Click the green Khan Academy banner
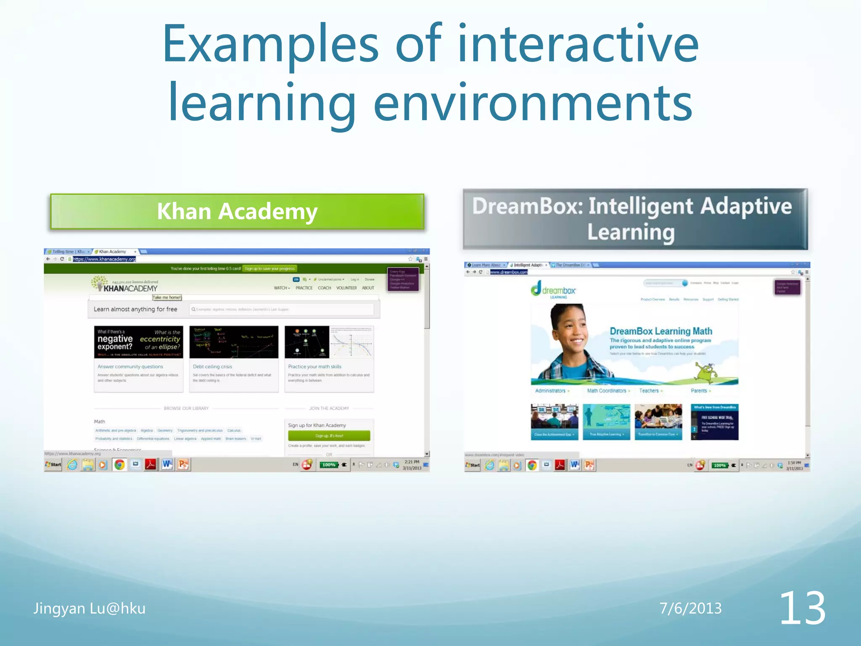(x=237, y=212)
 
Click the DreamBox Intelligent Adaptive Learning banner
(x=635, y=219)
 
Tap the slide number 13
(x=802, y=608)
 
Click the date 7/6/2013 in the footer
(x=690, y=609)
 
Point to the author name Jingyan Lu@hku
(x=90, y=609)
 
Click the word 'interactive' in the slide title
(x=578, y=44)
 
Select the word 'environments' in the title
(x=533, y=103)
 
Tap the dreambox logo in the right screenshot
(x=554, y=290)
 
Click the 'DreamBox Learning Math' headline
(x=661, y=331)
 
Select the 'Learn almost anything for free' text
(x=135, y=309)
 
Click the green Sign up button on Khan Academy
(x=329, y=436)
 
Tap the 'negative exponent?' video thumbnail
(x=139, y=342)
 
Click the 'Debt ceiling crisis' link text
(x=212, y=367)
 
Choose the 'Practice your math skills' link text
(x=314, y=367)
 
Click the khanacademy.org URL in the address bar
(x=104, y=259)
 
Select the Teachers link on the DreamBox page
(x=649, y=391)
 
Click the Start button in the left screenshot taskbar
(x=53, y=465)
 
